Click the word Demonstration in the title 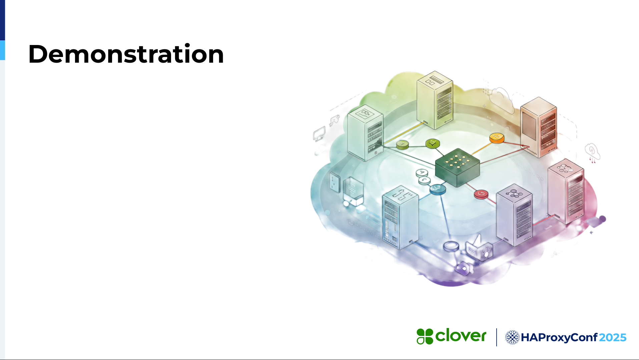126,54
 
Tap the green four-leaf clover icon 425,336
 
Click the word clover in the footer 461,335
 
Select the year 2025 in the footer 613,338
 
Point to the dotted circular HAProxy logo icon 512,337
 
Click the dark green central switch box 458,167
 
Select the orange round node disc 497,138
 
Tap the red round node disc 481,194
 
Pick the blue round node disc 438,189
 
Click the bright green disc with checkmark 433,144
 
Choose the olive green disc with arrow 403,145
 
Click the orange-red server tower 539,127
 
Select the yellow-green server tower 435,100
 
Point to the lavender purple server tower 514,215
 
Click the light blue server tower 400,217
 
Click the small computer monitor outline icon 319,134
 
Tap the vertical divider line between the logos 496,337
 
